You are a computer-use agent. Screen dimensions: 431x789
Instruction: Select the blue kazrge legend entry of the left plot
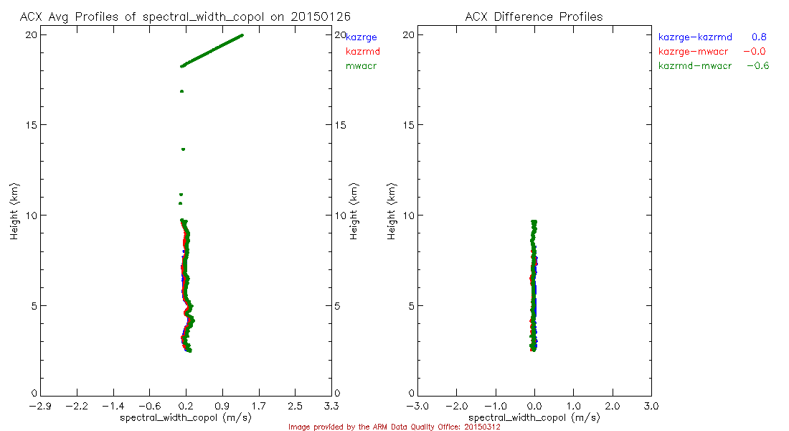pos(362,37)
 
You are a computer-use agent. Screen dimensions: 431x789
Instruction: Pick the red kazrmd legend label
pos(363,52)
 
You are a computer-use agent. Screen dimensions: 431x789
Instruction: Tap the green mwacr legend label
pos(362,66)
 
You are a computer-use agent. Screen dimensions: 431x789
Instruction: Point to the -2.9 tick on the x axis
pos(40,406)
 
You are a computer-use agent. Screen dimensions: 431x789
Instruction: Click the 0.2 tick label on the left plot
pos(186,406)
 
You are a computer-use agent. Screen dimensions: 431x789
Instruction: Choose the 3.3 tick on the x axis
pos(331,406)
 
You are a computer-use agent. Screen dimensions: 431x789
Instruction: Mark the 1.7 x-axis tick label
pos(259,406)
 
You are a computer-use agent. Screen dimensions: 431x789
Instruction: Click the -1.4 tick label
pos(113,406)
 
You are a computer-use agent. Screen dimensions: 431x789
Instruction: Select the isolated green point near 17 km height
pos(182,91)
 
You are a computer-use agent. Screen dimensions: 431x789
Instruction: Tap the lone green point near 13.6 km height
pos(184,149)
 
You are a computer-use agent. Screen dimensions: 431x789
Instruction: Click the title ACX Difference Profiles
pos(534,17)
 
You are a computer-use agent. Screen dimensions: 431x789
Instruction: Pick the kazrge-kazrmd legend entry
pos(695,37)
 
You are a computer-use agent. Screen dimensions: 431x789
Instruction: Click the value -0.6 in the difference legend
pos(757,66)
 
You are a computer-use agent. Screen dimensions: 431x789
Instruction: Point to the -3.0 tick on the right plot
pos(417,406)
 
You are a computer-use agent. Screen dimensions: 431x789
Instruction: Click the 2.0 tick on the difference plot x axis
pos(612,406)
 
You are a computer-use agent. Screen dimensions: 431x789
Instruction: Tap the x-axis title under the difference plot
pos(534,417)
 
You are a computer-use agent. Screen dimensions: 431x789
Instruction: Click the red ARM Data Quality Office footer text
pos(394,427)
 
